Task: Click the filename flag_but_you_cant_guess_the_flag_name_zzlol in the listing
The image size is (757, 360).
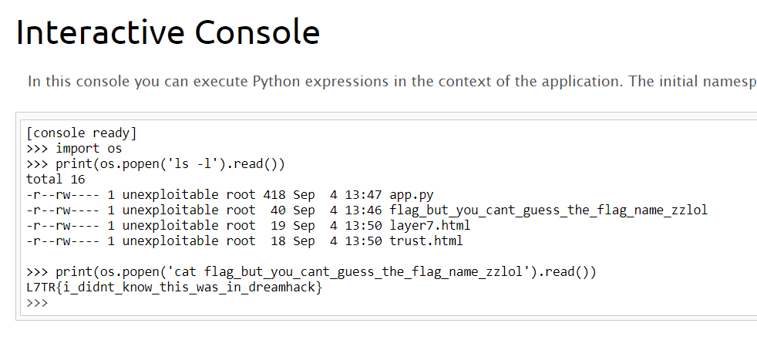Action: (548, 210)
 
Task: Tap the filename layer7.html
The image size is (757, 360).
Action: (429, 225)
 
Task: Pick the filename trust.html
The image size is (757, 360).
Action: (426, 241)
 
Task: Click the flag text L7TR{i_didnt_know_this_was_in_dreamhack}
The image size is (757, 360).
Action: (173, 287)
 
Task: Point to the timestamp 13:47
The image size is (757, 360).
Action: (363, 194)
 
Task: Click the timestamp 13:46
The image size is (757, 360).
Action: (363, 210)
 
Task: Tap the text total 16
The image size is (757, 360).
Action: (55, 179)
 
